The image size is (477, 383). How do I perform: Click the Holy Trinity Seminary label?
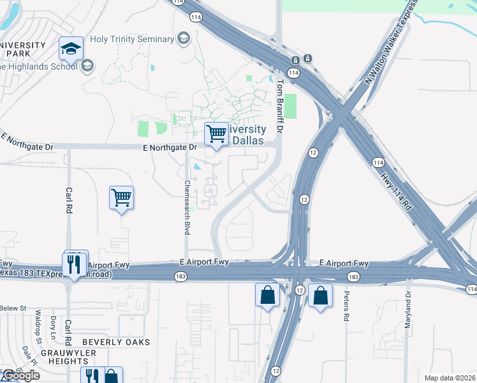[132, 39]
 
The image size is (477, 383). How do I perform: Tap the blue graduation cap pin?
[71, 49]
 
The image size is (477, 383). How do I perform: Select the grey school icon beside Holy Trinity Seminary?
[184, 38]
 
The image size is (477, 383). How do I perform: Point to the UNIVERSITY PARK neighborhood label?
[23, 50]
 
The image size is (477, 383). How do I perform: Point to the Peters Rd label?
[346, 307]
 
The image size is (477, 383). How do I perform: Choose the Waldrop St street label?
[38, 324]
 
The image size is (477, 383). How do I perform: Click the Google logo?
[20, 375]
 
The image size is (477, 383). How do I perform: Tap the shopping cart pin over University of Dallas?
[216, 135]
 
